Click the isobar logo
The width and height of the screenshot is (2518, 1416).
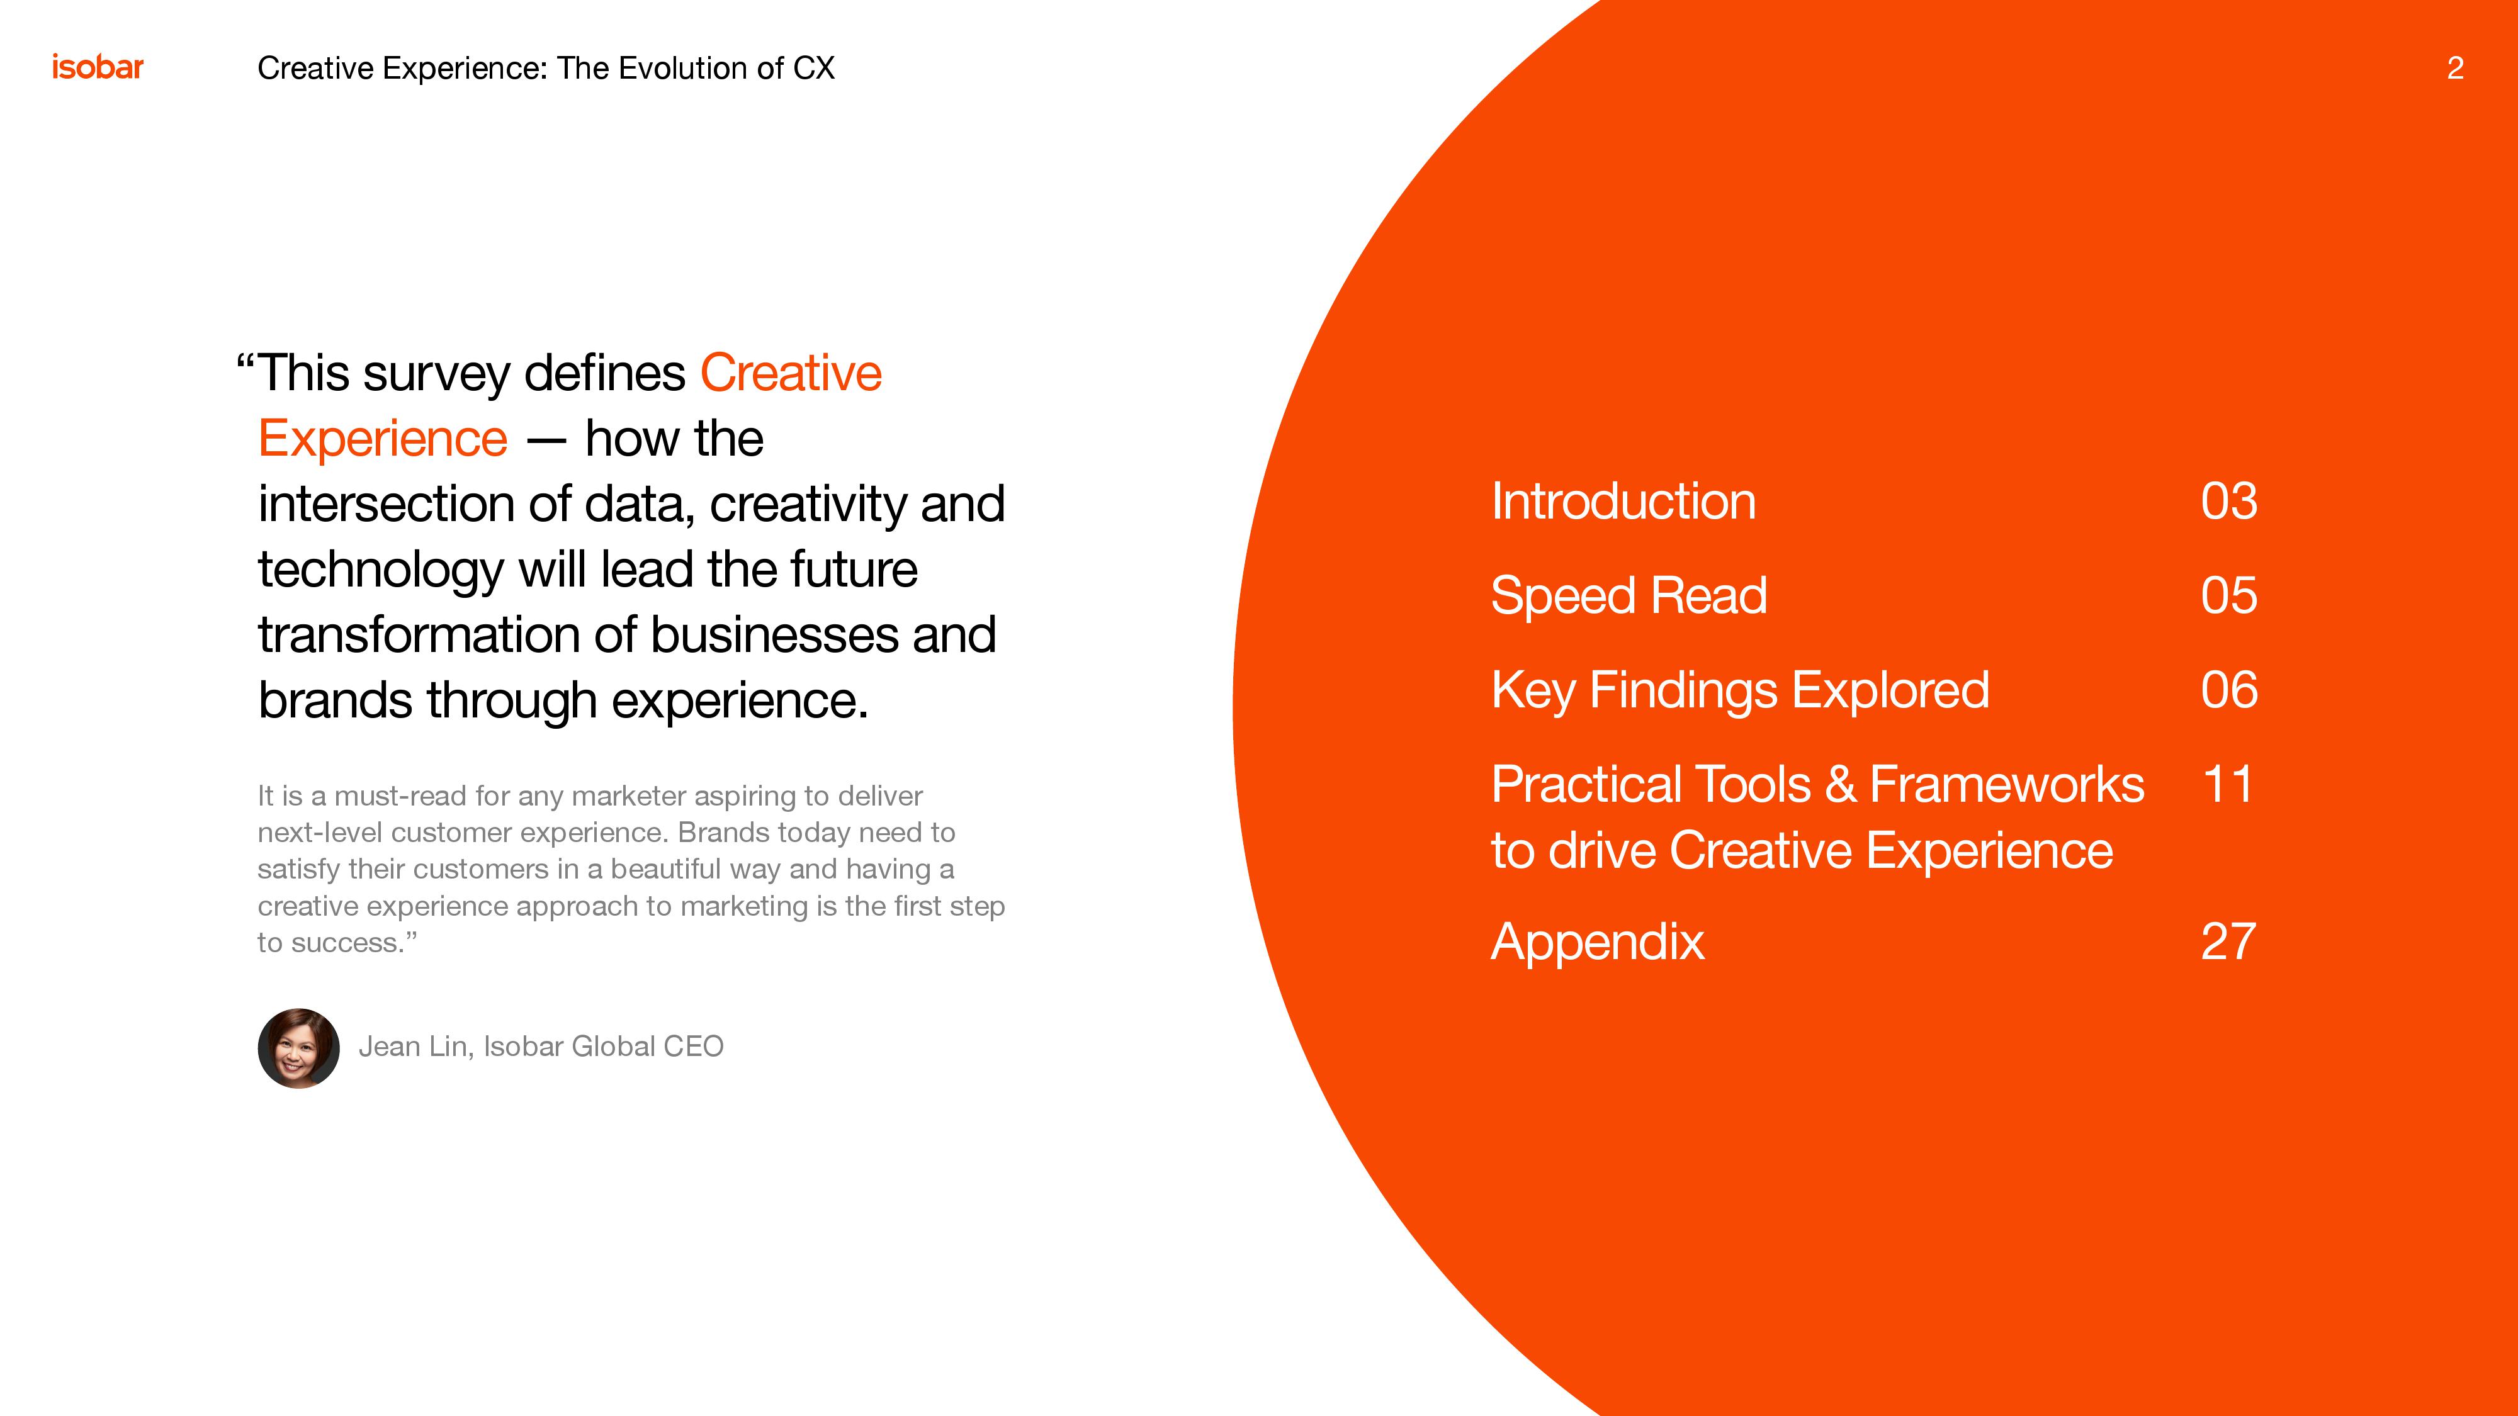tap(98, 67)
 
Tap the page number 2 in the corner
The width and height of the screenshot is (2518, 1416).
tap(2454, 67)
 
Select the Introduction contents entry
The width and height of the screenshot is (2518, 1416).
tap(1623, 502)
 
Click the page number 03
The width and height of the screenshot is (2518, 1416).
tap(2228, 502)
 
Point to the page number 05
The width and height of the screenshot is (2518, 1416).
tap(2228, 596)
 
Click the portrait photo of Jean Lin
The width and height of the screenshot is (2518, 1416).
tap(299, 1048)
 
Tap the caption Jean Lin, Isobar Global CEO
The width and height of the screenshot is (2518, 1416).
tap(541, 1047)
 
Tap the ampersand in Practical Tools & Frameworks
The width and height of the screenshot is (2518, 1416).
tap(1841, 785)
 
